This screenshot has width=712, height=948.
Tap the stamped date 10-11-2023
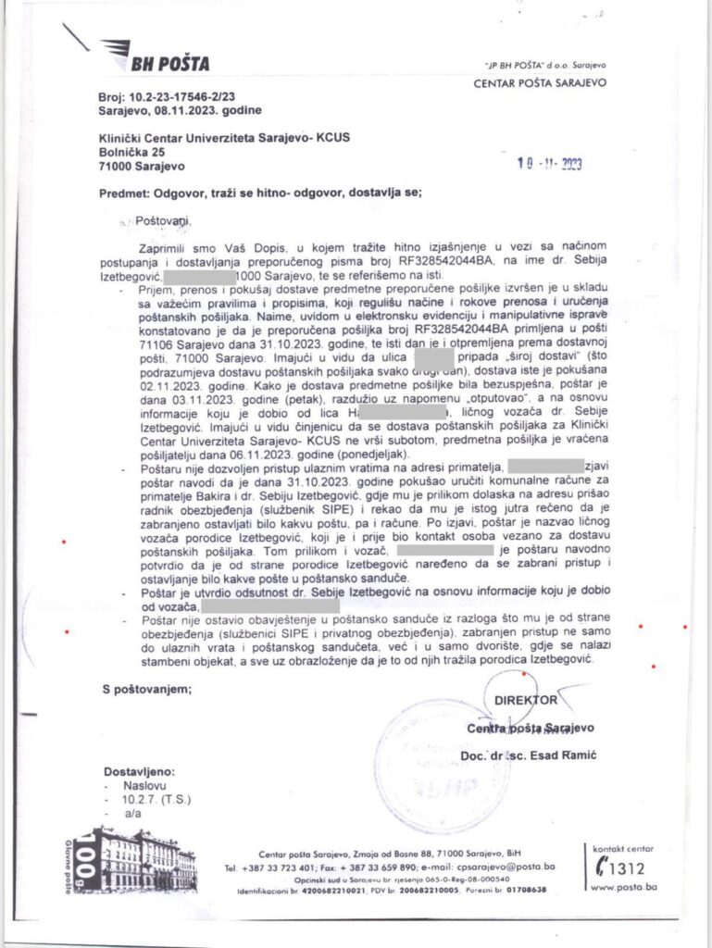(549, 164)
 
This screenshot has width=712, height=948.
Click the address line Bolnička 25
(132, 152)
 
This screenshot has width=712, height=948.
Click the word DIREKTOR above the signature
(526, 701)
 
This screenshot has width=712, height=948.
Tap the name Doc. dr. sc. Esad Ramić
(529, 757)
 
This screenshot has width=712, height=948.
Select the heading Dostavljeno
(137, 770)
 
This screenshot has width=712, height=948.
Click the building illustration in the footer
(147, 856)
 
